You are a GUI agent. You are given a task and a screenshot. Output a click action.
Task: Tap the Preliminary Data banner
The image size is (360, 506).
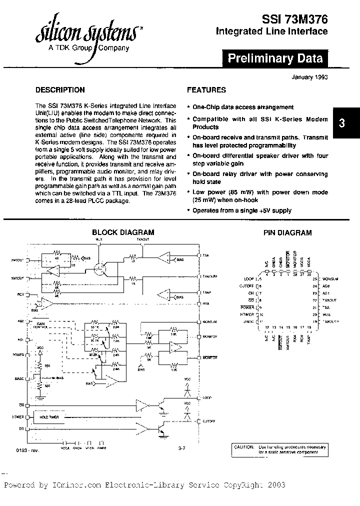tap(275, 58)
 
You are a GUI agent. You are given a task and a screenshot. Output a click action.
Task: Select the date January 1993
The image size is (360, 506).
tap(309, 77)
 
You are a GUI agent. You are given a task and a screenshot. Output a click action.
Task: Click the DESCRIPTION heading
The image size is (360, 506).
tap(60, 90)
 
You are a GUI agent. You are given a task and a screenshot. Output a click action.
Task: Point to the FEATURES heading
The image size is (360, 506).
tap(206, 90)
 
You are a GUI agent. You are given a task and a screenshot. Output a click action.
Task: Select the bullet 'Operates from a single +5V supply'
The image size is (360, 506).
tap(241, 210)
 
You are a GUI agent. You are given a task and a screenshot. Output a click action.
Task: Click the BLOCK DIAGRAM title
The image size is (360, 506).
tap(123, 232)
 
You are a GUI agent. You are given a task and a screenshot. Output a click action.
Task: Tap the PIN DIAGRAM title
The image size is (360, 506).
tap(287, 232)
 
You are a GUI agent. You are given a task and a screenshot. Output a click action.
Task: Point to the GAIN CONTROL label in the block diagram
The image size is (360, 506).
tap(41, 325)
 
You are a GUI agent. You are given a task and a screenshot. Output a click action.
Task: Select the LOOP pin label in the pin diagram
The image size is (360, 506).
tap(248, 278)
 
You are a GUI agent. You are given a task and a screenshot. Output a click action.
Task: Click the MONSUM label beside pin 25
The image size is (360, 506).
tap(330, 278)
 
